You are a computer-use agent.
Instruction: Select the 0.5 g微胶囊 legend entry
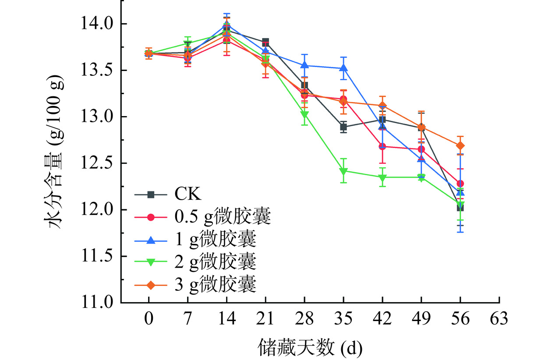coord(202,217)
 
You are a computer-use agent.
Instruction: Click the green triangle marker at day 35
coord(343,171)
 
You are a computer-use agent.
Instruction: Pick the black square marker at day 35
coord(343,127)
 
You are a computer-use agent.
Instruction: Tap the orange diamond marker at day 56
coord(460,145)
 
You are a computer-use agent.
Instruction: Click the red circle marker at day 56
coord(460,184)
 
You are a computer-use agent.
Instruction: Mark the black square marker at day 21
coord(265,42)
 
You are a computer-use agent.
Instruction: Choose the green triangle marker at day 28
coord(304,115)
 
